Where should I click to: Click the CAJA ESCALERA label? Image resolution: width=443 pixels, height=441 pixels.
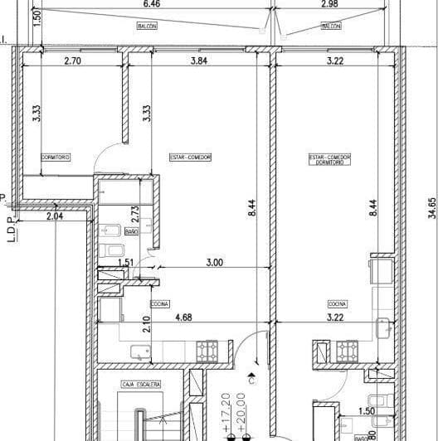point(140,385)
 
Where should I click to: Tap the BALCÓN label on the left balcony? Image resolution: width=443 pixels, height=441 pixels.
point(148,27)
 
